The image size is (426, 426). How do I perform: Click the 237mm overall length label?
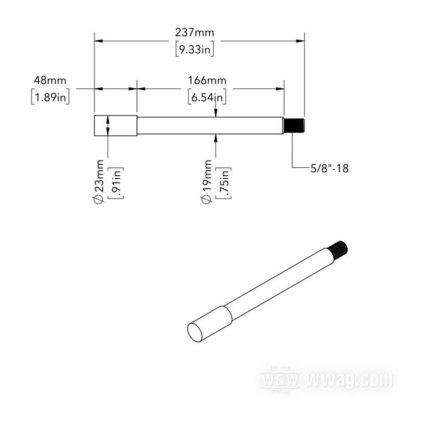coord(195,33)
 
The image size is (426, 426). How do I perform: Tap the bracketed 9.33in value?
coord(195,49)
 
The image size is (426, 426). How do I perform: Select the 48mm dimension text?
coord(50,80)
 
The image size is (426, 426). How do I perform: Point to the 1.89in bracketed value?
coord(51,97)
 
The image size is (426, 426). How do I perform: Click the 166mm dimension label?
coord(207,80)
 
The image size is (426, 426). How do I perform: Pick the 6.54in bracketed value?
coord(207,97)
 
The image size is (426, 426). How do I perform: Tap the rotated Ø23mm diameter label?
coord(99,181)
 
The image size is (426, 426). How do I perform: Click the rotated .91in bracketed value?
coord(116,183)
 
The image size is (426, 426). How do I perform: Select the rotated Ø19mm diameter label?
coord(206,181)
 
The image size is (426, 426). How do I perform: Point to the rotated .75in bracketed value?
coord(223,183)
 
